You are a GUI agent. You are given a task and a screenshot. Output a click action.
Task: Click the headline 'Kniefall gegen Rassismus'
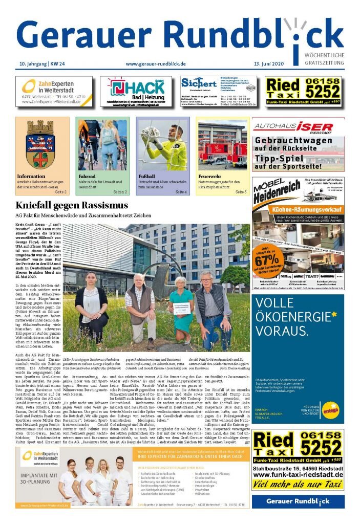tap(72, 205)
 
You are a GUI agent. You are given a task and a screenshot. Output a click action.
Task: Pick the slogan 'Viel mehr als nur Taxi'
tap(298, 484)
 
